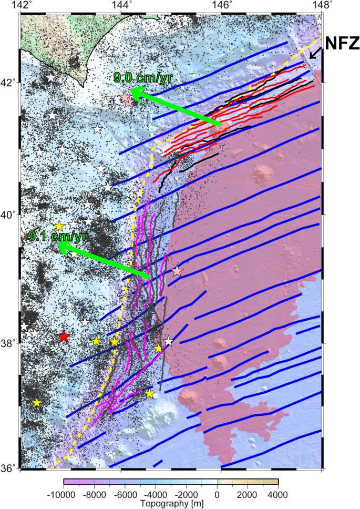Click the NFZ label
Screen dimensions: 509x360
pyautogui.click(x=342, y=43)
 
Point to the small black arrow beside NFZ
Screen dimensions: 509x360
pyautogui.click(x=315, y=53)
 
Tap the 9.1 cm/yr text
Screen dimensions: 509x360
pyautogui.click(x=58, y=237)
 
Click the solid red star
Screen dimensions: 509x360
pyautogui.click(x=64, y=337)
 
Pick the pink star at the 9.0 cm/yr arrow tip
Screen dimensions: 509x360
pyautogui.click(x=127, y=99)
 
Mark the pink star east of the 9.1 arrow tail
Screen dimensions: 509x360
pyautogui.click(x=177, y=271)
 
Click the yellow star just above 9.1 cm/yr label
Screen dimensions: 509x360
pyautogui.click(x=59, y=226)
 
